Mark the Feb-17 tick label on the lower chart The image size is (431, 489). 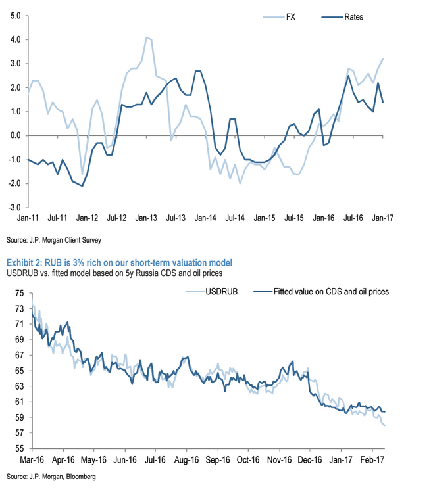click(370, 459)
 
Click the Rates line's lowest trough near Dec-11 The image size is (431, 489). click(83, 186)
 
